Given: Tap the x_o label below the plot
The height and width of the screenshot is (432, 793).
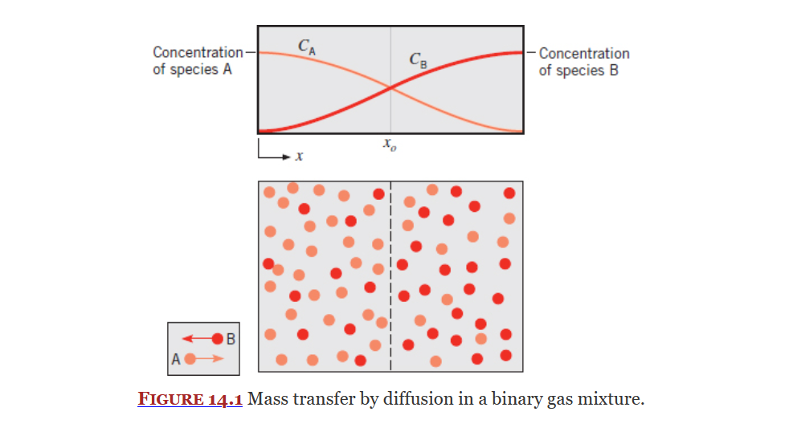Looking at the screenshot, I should tap(391, 147).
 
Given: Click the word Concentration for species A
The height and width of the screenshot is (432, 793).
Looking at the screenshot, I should tap(198, 53).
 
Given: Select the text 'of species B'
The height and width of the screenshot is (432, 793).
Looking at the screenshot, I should tap(578, 71).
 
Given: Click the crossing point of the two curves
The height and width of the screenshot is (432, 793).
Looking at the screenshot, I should tap(391, 88).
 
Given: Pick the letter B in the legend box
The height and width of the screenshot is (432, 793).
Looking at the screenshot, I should tap(231, 338).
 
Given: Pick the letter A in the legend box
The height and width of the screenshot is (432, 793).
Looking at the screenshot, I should tap(175, 359).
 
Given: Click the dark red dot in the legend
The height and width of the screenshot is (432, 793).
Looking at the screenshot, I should tap(218, 339).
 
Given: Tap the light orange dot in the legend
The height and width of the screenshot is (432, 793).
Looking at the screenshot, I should tap(190, 359).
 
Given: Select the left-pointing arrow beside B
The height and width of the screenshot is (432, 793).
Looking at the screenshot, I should tap(197, 339).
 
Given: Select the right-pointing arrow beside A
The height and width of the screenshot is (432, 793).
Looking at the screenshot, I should tap(210, 359).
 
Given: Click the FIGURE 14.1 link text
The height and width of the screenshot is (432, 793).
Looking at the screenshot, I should tap(190, 399).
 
